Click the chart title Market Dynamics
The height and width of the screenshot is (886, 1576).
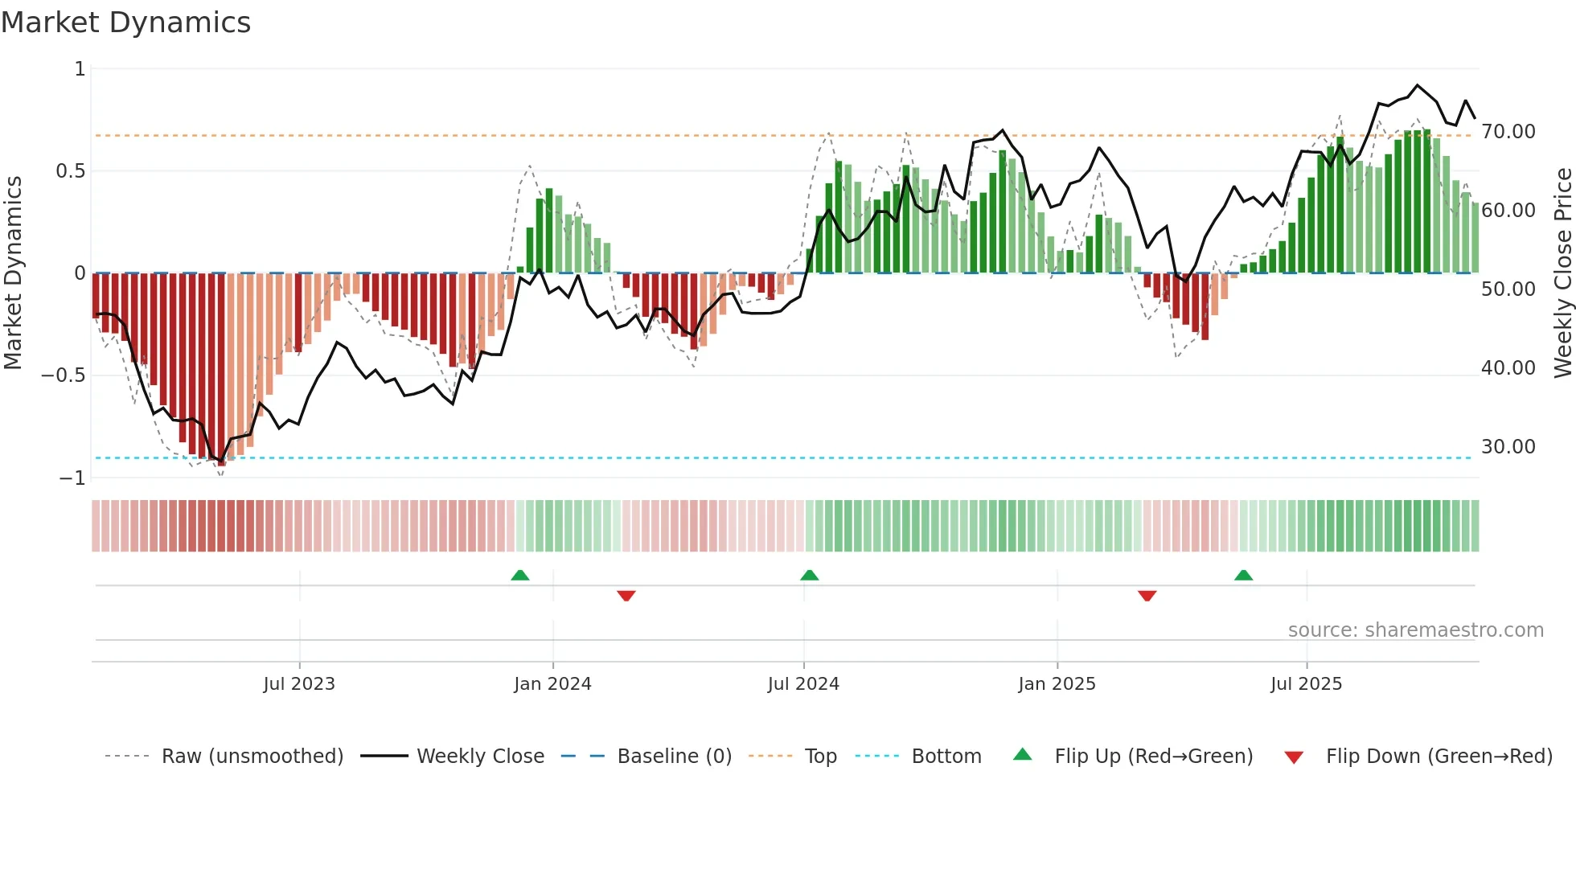126,23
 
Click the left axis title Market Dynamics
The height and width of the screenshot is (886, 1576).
13,273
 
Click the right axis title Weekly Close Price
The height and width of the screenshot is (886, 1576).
1562,273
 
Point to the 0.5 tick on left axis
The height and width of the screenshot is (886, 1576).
70,171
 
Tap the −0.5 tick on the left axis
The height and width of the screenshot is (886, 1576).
64,375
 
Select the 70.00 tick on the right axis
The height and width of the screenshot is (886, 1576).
1508,132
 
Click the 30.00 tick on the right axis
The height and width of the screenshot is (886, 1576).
1508,447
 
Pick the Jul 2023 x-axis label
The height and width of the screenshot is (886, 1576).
299,684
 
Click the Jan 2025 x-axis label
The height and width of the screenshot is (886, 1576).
1057,684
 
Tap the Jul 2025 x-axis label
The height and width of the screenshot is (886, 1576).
1306,684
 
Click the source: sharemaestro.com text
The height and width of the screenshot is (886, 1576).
1415,630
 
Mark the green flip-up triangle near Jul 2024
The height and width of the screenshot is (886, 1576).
810,575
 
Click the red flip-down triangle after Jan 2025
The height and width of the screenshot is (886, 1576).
1147,596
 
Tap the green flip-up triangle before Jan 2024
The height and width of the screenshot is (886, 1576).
520,575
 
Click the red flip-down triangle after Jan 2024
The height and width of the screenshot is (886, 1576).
626,596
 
